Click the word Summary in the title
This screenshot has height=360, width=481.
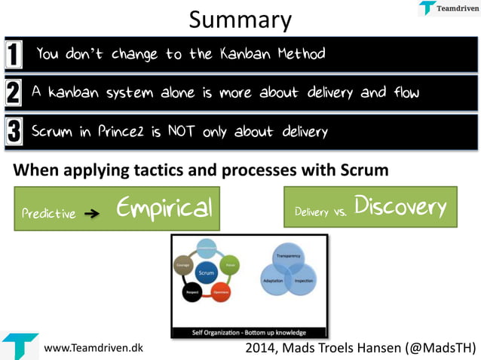click(x=240, y=20)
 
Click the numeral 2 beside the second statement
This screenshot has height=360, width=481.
click(x=14, y=93)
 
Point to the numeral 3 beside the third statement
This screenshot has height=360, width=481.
click(x=14, y=132)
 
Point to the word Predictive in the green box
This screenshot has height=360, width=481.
click(x=48, y=213)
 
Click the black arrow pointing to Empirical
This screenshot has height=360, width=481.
click(x=92, y=213)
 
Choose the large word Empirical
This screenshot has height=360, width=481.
click(x=164, y=208)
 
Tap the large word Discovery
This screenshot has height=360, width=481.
click(x=400, y=206)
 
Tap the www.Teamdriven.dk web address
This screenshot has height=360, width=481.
click(x=93, y=349)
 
